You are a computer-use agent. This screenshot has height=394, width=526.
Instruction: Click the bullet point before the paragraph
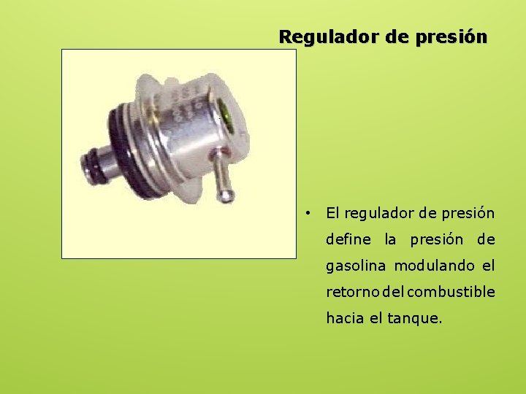coord(310,213)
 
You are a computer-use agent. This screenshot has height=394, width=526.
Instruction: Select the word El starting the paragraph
coord(332,213)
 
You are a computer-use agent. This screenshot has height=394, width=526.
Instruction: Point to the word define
coord(348,239)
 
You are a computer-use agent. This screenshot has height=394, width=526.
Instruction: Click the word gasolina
coord(355,266)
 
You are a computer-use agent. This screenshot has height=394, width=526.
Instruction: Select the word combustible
coord(451,292)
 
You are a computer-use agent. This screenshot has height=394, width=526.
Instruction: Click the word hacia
coord(343,318)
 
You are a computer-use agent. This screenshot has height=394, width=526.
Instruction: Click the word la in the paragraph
coord(390,239)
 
